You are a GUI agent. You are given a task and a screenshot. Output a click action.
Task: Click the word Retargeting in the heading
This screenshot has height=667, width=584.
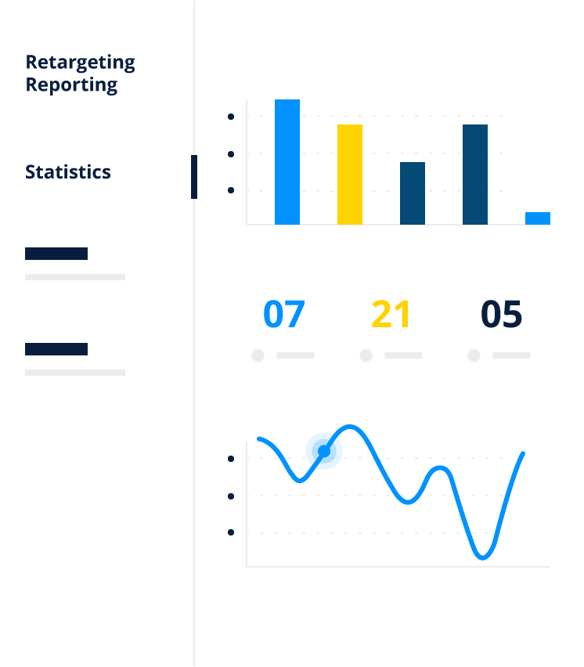[81, 63]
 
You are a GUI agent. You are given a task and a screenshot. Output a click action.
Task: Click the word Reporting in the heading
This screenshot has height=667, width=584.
[71, 85]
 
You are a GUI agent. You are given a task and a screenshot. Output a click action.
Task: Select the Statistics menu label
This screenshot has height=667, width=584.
[68, 172]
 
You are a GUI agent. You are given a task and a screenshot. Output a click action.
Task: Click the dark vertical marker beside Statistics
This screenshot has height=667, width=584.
[194, 176]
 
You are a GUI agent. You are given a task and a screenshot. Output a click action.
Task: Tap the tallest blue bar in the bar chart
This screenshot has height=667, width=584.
[287, 161]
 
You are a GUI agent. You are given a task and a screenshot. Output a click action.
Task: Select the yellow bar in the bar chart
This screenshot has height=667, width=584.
[350, 175]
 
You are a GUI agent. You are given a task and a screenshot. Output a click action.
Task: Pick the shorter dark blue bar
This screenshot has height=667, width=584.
[412, 193]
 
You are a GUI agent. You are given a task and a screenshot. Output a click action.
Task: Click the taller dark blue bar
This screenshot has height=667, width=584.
[475, 175]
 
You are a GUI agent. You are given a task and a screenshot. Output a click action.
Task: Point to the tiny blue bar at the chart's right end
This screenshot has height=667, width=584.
[538, 218]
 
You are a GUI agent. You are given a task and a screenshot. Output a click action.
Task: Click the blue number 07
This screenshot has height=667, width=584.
[283, 314]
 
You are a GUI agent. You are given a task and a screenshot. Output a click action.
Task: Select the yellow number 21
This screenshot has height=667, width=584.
[391, 314]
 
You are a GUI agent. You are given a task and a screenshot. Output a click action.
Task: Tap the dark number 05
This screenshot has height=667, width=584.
[501, 314]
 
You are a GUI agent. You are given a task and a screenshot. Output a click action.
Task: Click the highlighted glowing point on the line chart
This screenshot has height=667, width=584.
[324, 451]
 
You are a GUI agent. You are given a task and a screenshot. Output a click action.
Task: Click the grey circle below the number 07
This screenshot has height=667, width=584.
[258, 355]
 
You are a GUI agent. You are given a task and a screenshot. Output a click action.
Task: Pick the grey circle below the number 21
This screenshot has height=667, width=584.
[366, 355]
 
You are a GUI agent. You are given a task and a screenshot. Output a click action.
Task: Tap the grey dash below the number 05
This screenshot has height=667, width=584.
[511, 355]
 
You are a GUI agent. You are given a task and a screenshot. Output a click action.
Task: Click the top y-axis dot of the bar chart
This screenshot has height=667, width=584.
[231, 117]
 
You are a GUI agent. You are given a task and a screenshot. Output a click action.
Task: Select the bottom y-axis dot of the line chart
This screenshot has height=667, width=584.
[231, 532]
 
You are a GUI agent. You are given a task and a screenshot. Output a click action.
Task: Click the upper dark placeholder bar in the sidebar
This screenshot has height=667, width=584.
[56, 254]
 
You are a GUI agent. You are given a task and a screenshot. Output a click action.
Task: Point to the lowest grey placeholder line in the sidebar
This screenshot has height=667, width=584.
[75, 373]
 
